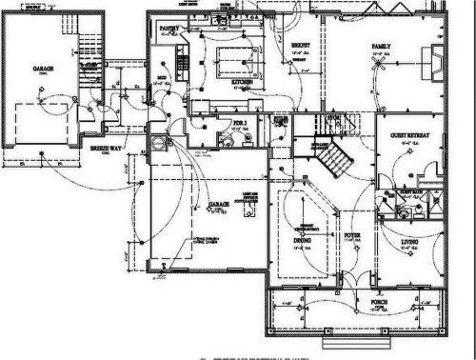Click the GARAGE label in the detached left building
tap(43, 69)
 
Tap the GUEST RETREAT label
tap(410, 136)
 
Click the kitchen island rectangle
tap(232, 61)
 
